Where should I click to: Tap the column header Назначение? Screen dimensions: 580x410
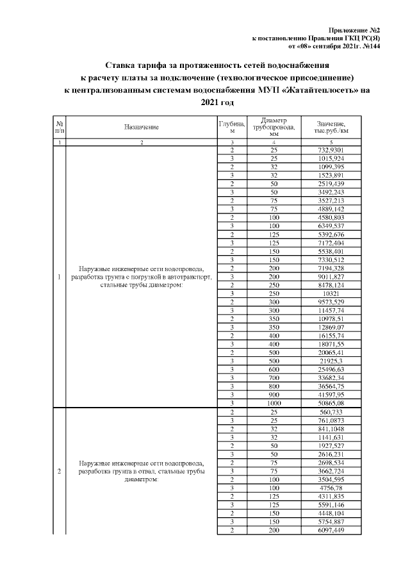tap(142, 128)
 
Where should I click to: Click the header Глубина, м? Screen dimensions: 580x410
tap(232, 127)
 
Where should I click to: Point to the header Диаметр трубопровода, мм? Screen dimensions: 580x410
tap(273, 127)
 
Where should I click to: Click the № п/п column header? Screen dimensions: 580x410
tap(59, 127)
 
